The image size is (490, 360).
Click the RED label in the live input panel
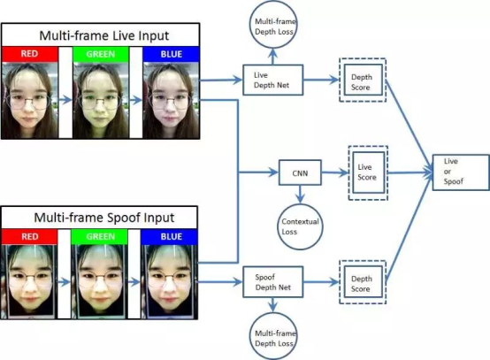coord(29,54)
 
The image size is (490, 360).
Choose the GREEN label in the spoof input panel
coord(100,236)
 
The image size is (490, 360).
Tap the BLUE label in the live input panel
coord(172,54)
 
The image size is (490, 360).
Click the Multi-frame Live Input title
coord(104,35)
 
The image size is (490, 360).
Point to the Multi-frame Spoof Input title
coord(104,218)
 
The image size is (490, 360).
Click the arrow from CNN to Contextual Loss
coord(300,194)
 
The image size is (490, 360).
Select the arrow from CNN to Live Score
coord(334,172)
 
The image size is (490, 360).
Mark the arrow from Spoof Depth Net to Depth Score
coord(321,282)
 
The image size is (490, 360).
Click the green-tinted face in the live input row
coord(100,100)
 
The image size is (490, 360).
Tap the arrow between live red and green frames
coord(65,100)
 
